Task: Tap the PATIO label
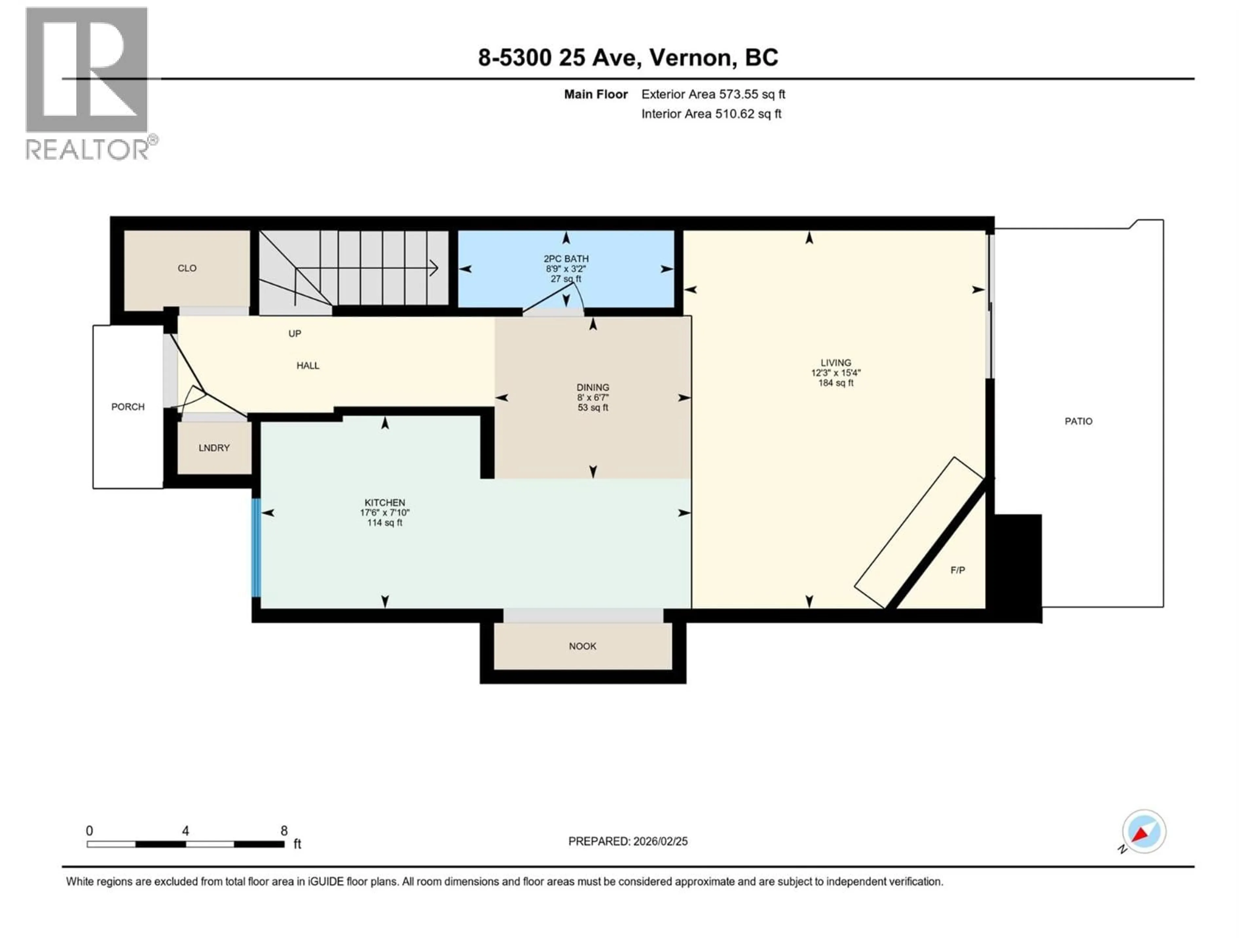pos(1078,421)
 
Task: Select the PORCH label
pos(128,407)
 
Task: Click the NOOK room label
pos(582,646)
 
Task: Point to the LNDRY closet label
pos(214,448)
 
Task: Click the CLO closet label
pos(187,268)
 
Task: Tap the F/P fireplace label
pos(957,570)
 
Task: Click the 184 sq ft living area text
pos(835,383)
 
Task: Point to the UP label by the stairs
pos(294,334)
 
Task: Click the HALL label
pos(307,365)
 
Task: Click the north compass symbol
pos(1143,832)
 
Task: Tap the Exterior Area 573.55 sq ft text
pos(713,94)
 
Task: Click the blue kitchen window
pos(256,547)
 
